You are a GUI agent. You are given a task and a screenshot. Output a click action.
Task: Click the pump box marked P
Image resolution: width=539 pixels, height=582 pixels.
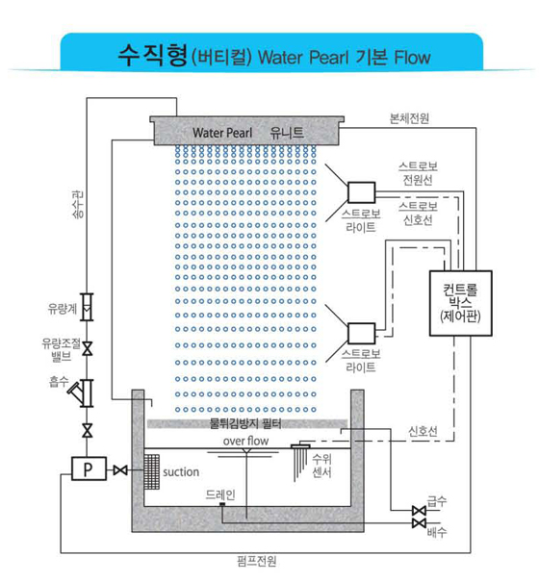click(x=89, y=468)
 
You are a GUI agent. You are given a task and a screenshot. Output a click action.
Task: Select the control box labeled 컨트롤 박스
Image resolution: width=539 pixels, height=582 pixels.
click(x=461, y=303)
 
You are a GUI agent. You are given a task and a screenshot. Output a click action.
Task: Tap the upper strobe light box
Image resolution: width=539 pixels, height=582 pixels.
click(x=361, y=192)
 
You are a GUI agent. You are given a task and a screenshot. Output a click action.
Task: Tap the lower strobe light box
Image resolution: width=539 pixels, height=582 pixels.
click(x=361, y=333)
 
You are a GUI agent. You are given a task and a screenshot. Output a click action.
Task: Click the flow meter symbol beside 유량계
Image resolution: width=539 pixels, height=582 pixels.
click(x=88, y=307)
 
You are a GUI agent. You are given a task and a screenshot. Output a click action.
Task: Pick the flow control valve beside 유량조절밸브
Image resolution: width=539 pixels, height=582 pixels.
click(x=88, y=349)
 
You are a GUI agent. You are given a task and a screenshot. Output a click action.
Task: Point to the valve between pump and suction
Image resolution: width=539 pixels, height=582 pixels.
click(x=120, y=470)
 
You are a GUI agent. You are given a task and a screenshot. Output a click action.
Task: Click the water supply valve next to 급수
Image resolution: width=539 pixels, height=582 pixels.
click(x=419, y=511)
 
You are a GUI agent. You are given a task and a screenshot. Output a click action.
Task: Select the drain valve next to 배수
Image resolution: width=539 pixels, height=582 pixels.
click(x=419, y=523)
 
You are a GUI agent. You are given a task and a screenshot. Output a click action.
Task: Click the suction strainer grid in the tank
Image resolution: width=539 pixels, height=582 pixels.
click(x=151, y=471)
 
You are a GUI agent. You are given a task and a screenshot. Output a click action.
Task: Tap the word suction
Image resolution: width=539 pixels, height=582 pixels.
click(x=181, y=472)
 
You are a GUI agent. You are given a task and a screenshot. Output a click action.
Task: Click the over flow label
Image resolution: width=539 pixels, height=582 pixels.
click(x=245, y=441)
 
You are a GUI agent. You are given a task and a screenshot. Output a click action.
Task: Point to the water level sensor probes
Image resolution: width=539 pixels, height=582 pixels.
click(x=300, y=462)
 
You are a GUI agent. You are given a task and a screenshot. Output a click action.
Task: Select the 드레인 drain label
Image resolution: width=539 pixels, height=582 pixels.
click(x=220, y=494)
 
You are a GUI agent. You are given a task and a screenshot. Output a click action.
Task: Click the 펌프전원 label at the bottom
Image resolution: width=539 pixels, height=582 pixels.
click(x=257, y=561)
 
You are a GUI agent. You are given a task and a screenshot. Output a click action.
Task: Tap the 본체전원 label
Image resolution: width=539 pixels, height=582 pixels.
click(x=409, y=118)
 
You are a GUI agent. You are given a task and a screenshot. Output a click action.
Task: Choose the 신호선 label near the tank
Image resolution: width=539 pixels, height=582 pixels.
click(x=423, y=431)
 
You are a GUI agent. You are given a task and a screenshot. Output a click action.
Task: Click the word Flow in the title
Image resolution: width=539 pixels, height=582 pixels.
click(x=412, y=58)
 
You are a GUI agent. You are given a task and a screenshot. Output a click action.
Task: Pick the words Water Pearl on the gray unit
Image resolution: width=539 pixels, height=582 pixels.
click(x=222, y=133)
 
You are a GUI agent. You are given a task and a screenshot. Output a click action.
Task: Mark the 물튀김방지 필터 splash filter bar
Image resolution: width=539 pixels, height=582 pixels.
click(x=247, y=423)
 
